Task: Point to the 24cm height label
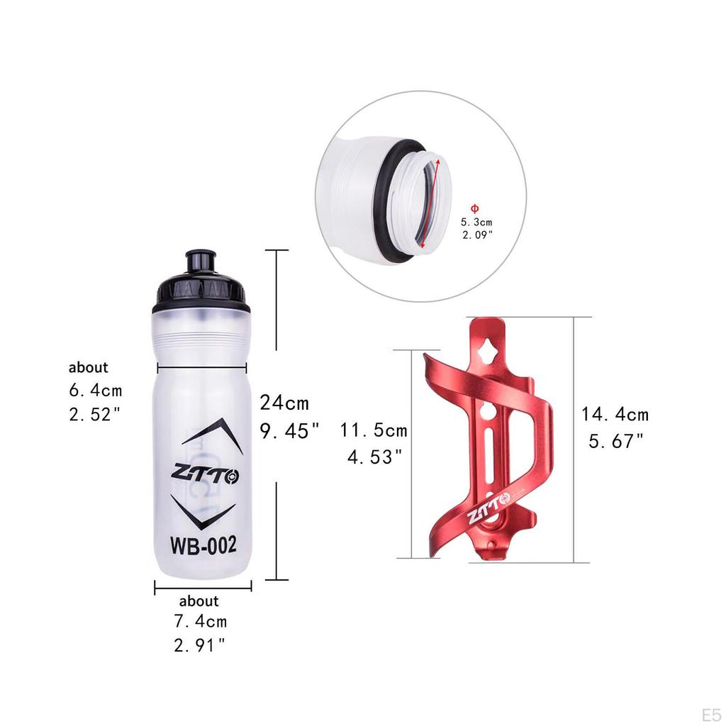coord(284,403)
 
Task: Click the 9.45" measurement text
coord(289,430)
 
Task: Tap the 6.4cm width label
coord(96,390)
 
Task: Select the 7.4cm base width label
coord(201,622)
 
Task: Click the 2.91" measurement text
coord(200,645)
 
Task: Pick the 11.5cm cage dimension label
coord(374,430)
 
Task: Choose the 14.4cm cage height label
coord(615,415)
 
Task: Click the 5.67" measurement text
coord(616,441)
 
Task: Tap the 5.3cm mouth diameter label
coord(477,222)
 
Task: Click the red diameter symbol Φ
coord(475,208)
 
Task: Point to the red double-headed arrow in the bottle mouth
coord(431,203)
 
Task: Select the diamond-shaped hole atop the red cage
coord(488,349)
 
